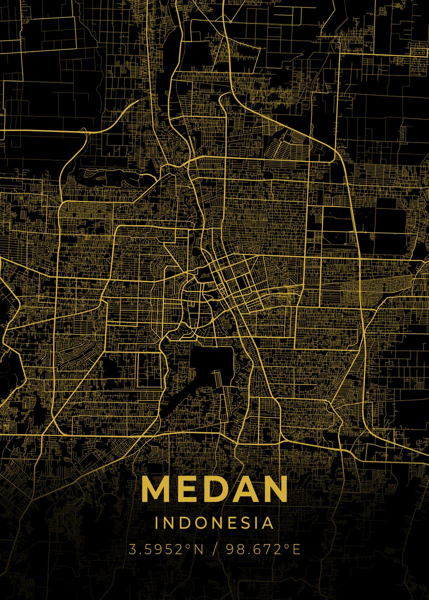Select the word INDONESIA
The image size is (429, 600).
coord(215,523)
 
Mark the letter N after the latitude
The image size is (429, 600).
coord(198,549)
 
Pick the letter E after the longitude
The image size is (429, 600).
coord(296,549)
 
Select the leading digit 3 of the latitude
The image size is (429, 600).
coord(133,549)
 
